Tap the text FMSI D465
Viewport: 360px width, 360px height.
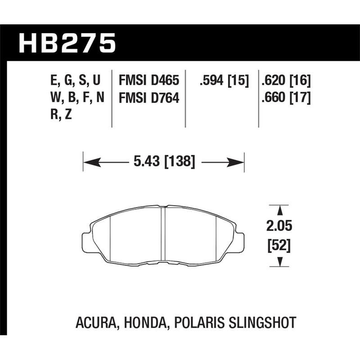click(x=148, y=81)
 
